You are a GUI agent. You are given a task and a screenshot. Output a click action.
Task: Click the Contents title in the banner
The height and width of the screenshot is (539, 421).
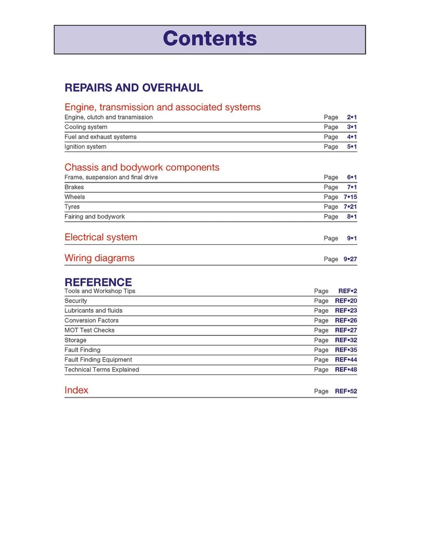(210, 39)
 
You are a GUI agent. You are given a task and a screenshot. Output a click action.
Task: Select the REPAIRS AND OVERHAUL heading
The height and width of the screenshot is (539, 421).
(133, 88)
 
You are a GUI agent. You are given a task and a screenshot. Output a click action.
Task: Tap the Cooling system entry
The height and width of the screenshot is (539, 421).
(86, 127)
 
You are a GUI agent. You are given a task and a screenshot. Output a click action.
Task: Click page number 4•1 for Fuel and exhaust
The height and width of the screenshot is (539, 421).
(351, 137)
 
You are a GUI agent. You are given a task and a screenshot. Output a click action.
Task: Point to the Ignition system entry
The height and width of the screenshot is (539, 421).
(85, 147)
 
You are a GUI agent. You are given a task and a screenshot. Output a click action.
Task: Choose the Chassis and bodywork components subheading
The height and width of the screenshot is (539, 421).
(142, 167)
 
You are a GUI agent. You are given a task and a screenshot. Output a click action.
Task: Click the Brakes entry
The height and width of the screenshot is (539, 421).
(74, 188)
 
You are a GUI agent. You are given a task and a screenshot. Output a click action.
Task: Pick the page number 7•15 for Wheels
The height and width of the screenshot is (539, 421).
(350, 197)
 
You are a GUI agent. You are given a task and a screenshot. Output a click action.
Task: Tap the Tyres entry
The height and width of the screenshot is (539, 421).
(72, 207)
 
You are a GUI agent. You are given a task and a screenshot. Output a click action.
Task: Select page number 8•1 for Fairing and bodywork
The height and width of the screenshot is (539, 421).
(351, 217)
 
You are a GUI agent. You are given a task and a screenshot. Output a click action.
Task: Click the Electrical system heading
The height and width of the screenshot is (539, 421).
(101, 237)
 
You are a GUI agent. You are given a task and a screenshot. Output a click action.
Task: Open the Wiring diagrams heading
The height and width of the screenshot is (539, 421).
(99, 258)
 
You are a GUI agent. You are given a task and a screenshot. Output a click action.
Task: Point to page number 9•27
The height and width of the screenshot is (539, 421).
(350, 259)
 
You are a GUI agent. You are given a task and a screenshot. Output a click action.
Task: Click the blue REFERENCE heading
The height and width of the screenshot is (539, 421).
(98, 282)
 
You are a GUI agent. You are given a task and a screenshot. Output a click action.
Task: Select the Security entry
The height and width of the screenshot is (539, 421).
(76, 301)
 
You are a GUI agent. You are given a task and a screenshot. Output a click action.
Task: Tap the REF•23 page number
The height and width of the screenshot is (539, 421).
(346, 310)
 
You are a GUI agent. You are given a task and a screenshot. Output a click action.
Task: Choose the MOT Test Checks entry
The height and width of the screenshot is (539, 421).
(89, 330)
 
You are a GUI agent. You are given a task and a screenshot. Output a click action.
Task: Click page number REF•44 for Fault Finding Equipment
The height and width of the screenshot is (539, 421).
(346, 360)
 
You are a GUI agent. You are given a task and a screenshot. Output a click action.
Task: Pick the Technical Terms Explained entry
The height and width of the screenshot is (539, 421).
(101, 370)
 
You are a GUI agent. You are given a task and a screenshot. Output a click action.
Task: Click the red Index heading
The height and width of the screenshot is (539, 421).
(76, 390)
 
